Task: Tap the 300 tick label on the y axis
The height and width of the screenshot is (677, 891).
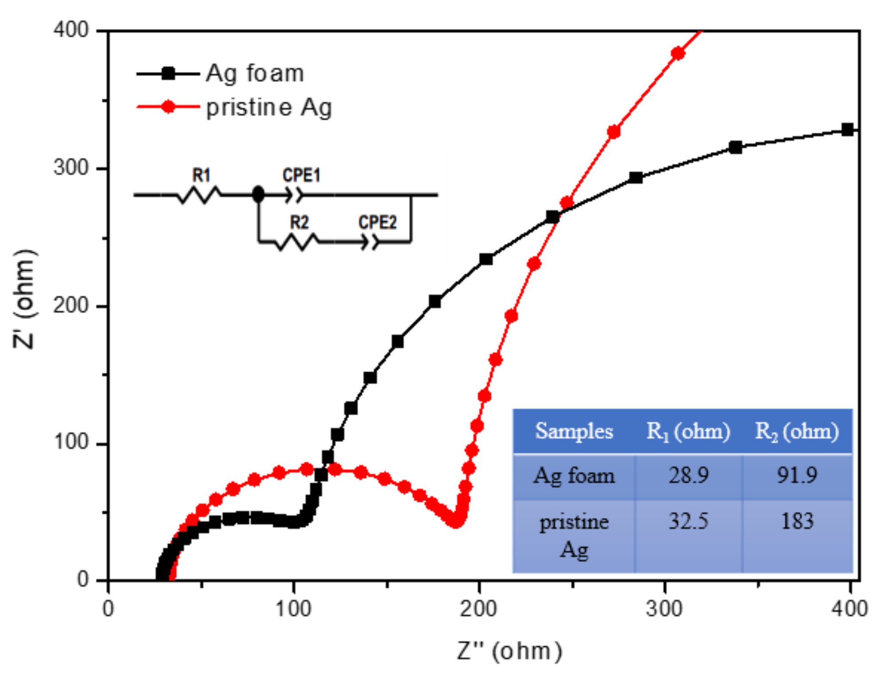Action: pos(71,168)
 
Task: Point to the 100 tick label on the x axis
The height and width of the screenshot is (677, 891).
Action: pos(293,609)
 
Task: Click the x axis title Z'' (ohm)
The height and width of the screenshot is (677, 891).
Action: pos(509,651)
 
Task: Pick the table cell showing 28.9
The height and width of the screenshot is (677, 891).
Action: pos(688,475)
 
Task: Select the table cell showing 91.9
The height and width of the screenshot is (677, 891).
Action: pos(796,475)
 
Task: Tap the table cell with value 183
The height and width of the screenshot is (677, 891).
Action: pos(797,521)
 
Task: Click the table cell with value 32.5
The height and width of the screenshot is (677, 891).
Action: pos(688,521)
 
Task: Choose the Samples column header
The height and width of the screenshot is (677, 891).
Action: pos(574,431)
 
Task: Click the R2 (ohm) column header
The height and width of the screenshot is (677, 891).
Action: pos(796,431)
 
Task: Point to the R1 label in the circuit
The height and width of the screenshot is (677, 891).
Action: pos(201,175)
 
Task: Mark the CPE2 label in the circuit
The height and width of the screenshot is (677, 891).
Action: pos(377,222)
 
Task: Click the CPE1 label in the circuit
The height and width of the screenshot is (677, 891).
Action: pos(301,175)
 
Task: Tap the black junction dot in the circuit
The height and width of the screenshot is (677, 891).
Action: pos(258,194)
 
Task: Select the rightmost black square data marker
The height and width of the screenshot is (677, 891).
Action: pos(848,130)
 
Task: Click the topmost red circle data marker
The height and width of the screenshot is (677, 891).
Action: pos(678,53)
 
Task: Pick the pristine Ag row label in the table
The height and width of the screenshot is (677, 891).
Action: pos(574,535)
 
